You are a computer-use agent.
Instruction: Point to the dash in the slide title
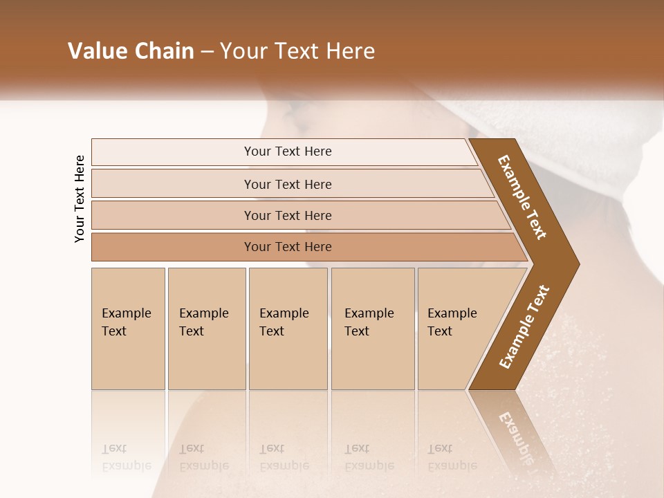pos(207,52)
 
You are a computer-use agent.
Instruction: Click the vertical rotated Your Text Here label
pos(80,199)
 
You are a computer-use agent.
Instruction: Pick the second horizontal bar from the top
pos(287,184)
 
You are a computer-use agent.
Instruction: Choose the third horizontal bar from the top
pos(287,215)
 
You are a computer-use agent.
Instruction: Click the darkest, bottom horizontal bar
pos(287,247)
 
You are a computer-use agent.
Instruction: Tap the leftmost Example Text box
pos(128,328)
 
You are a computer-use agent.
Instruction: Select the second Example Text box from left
pos(206,328)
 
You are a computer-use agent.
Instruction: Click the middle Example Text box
pos(288,328)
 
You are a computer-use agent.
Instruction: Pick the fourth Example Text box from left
pos(372,328)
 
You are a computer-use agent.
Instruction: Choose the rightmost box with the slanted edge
pos(456,328)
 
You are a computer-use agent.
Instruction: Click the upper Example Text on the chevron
pos(522,196)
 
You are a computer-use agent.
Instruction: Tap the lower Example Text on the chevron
pos(524,327)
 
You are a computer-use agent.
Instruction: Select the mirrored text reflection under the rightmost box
pos(451,457)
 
